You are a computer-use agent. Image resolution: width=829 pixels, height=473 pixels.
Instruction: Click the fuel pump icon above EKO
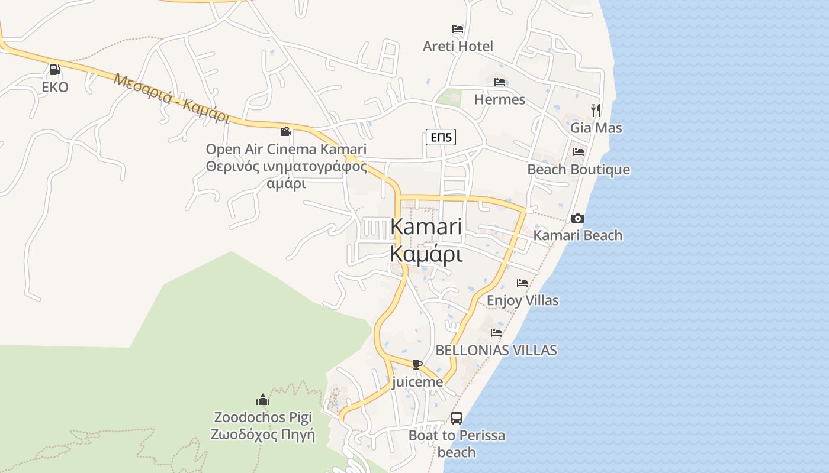click(54, 70)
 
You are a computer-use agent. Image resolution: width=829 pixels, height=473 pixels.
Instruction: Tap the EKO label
click(55, 88)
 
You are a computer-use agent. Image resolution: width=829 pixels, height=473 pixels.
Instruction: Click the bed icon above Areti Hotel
click(457, 29)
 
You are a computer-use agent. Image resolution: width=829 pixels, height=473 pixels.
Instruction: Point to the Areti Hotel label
click(458, 46)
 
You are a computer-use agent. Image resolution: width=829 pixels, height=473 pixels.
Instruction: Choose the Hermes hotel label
click(500, 99)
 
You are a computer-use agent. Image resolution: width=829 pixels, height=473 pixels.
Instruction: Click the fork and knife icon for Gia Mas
click(596, 110)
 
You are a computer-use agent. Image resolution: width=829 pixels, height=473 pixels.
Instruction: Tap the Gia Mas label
click(596, 128)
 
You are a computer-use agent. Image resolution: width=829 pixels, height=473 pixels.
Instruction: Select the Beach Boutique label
click(579, 170)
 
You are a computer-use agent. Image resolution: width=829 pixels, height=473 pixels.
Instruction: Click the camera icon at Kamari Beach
click(578, 218)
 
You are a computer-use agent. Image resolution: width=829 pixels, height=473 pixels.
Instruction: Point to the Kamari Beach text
click(578, 235)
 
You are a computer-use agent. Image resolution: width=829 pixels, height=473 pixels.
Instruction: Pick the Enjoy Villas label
click(522, 300)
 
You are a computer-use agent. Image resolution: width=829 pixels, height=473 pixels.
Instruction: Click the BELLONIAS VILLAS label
click(496, 350)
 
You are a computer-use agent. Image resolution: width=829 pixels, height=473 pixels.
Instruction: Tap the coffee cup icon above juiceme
click(417, 364)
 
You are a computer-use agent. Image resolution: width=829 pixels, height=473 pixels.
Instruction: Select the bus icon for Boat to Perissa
click(457, 418)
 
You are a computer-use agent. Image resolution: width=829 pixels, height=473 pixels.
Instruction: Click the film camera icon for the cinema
click(286, 131)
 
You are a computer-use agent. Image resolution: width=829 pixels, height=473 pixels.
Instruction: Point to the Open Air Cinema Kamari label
click(286, 149)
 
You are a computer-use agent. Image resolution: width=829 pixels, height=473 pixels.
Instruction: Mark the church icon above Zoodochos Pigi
click(263, 400)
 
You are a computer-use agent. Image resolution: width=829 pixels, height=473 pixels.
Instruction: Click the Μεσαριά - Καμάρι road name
click(172, 98)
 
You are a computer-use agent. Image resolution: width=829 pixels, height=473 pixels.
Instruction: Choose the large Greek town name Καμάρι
click(426, 254)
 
